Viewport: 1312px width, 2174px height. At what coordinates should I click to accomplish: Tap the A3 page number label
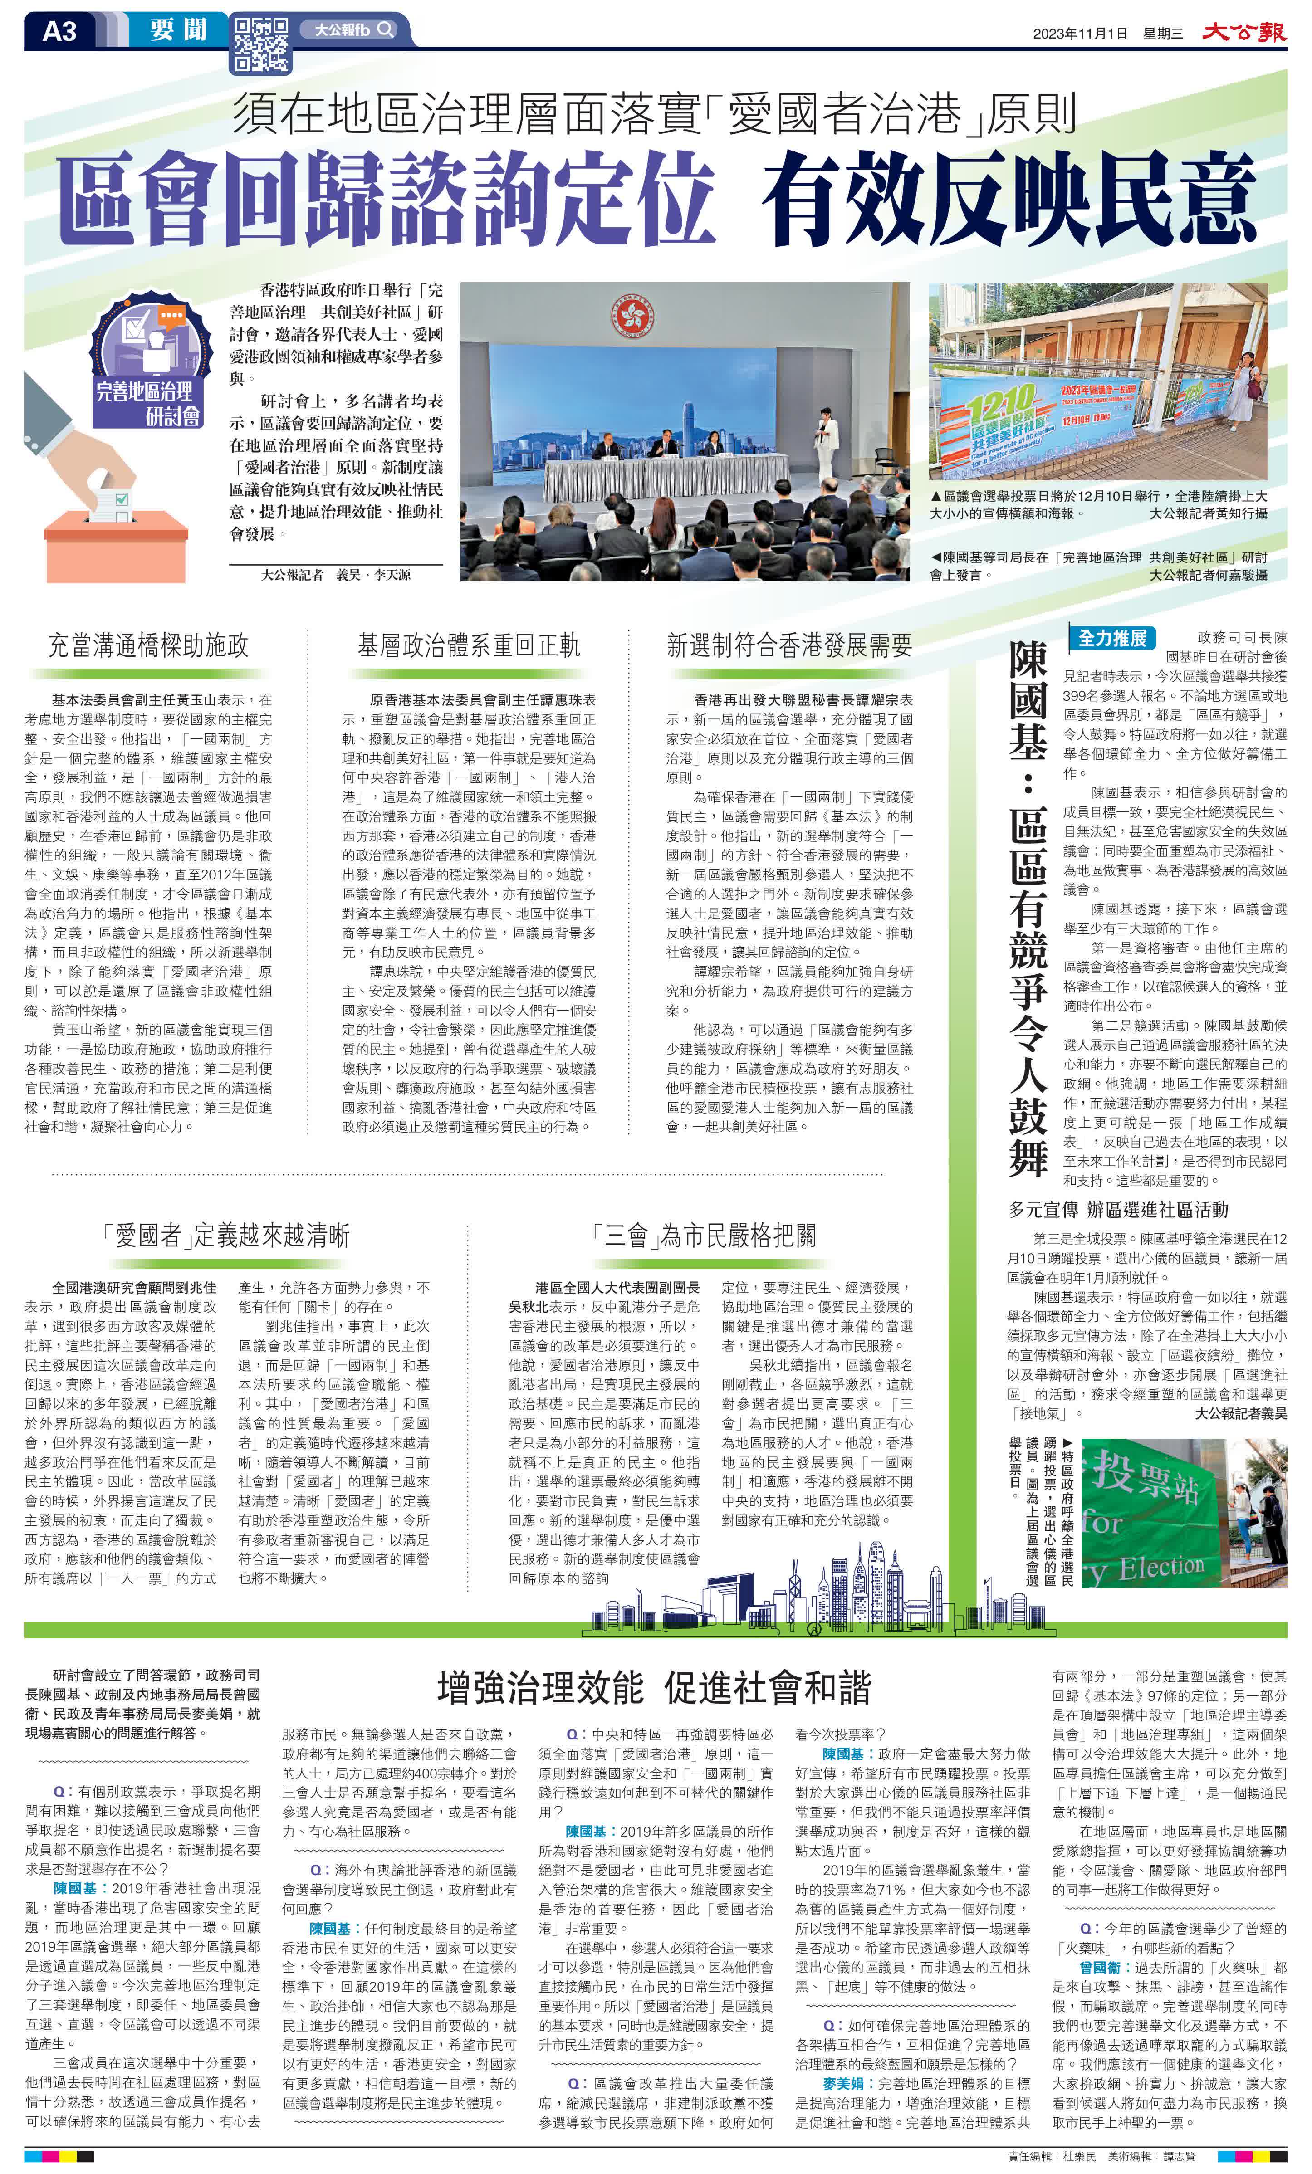[x=60, y=32]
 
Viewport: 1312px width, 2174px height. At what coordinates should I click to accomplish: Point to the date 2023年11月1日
[x=1080, y=34]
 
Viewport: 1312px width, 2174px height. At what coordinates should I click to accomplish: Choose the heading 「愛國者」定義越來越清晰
[x=227, y=1234]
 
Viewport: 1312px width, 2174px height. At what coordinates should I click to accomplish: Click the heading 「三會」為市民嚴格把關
[x=705, y=1234]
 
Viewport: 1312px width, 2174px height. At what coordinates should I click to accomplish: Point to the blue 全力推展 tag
[x=1112, y=637]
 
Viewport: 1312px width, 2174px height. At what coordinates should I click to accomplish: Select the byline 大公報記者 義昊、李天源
[x=335, y=574]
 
